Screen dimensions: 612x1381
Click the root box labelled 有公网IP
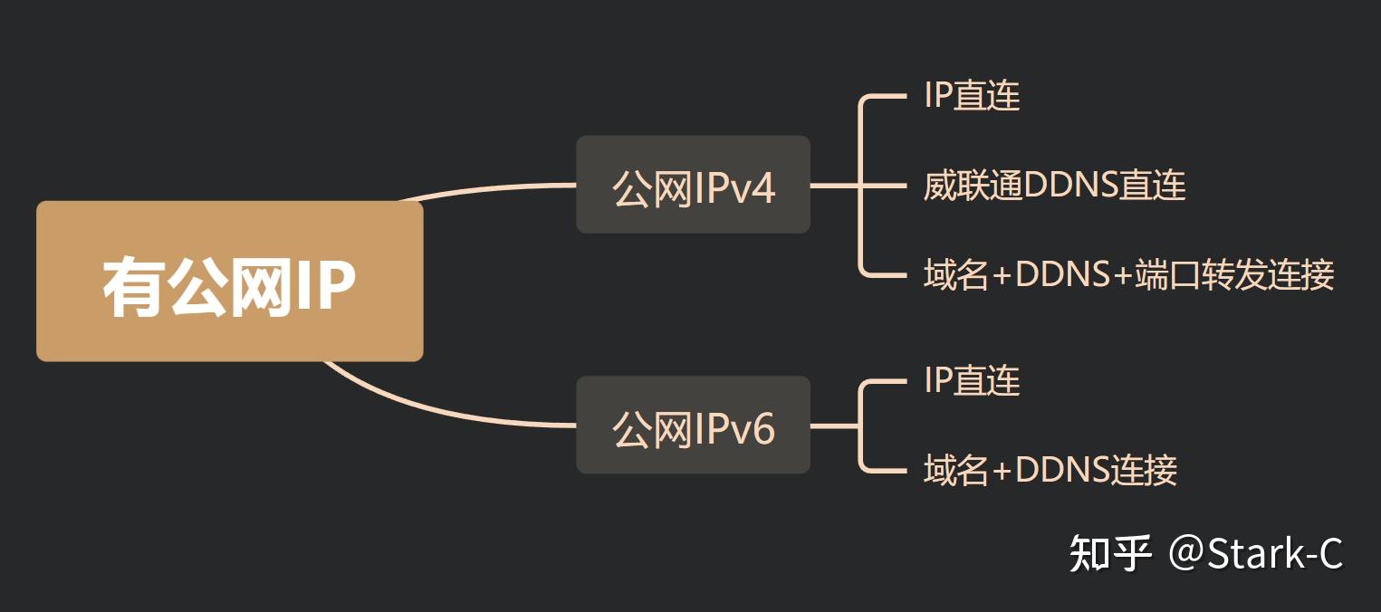[x=229, y=281]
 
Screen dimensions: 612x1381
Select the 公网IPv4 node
[x=693, y=186]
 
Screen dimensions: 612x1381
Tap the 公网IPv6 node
[x=693, y=426]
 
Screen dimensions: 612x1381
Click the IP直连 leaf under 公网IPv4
[x=972, y=96]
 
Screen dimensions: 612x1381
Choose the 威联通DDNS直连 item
[x=1054, y=186]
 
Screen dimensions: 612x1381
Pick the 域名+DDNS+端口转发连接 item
[x=1128, y=274]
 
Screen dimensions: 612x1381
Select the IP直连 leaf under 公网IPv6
[x=972, y=381]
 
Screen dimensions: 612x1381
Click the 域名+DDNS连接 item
[x=1050, y=470]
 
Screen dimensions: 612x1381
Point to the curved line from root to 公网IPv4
[x=489, y=188]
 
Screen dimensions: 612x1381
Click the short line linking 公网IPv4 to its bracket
[x=833, y=186]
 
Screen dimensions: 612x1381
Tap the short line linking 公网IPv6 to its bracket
[x=833, y=426]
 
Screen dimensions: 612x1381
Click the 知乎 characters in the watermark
[x=1110, y=553]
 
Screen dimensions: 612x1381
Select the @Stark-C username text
[x=1255, y=553]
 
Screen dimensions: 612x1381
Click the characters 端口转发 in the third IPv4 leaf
[x=1204, y=274]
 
